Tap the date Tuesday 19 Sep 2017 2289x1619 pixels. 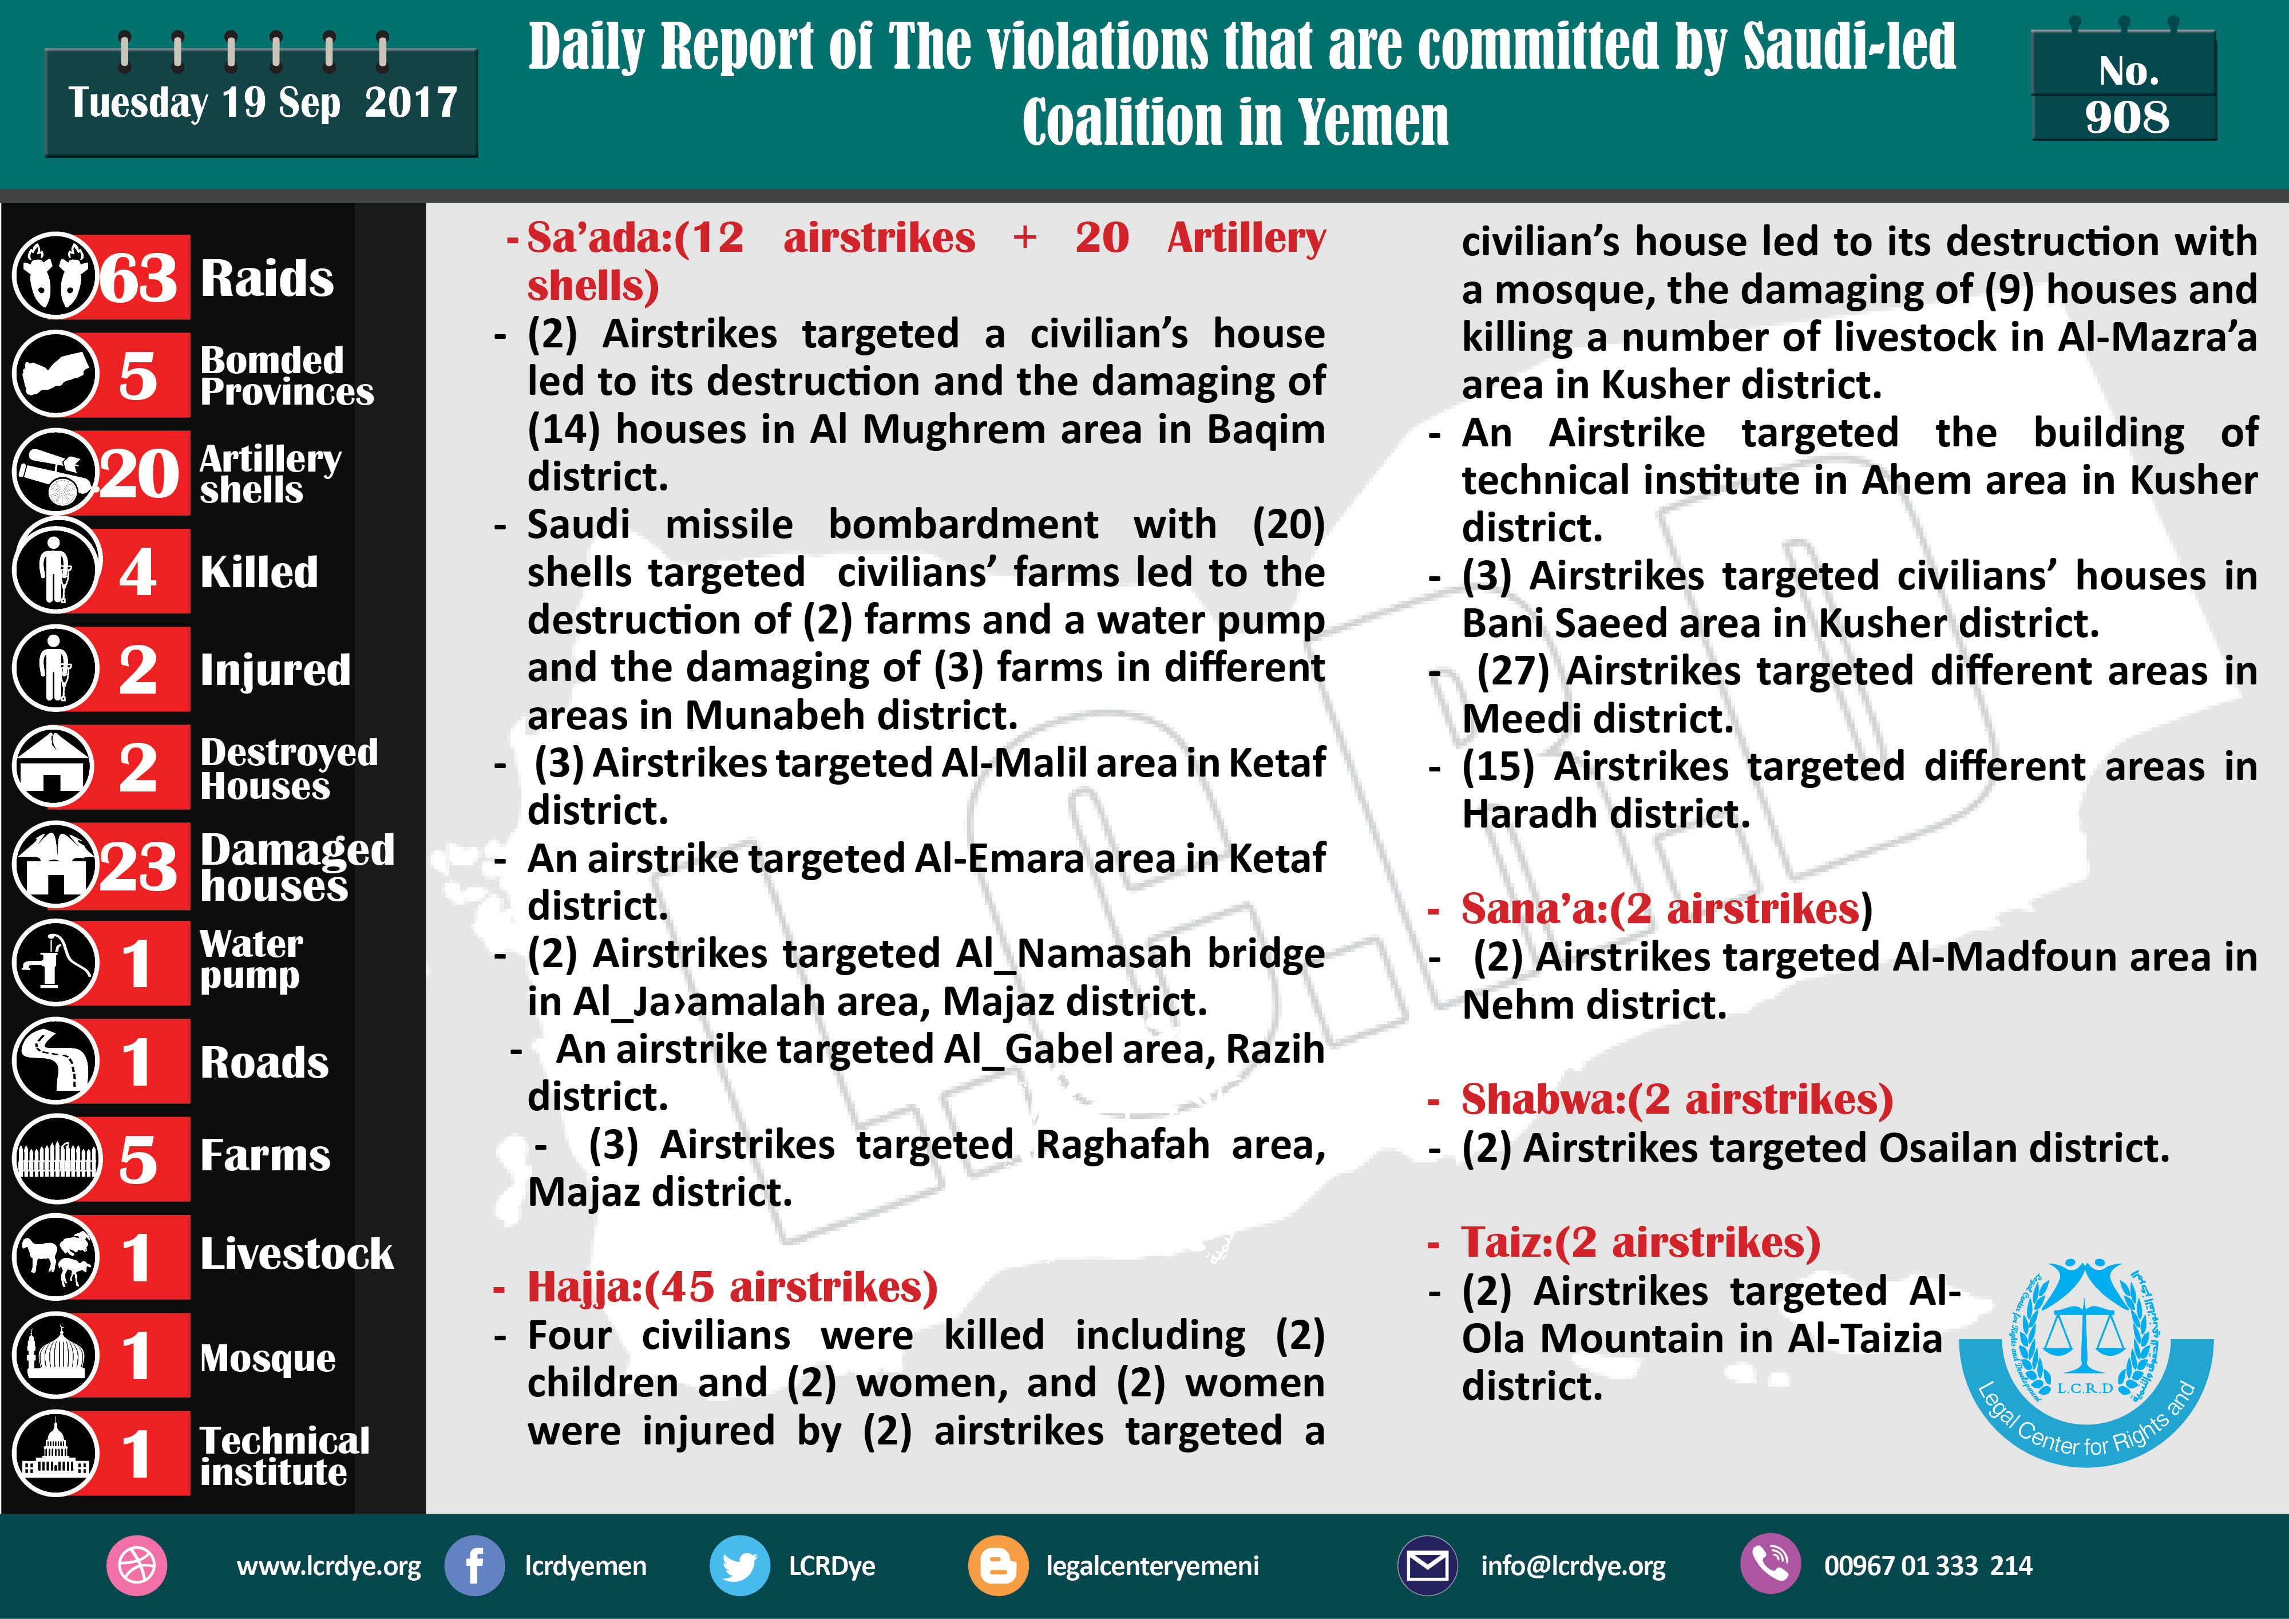[262, 102]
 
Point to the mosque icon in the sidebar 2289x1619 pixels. [55, 1355]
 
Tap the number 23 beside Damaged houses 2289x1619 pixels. [138, 866]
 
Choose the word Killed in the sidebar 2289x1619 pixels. [259, 572]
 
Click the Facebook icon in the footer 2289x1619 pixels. [474, 1565]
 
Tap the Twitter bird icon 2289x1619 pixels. [739, 1565]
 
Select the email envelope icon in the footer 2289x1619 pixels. [1427, 1565]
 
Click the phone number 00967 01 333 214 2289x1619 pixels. [1927, 1565]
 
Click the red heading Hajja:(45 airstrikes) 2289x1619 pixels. [732, 1287]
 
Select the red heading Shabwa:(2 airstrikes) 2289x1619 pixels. [1677, 1099]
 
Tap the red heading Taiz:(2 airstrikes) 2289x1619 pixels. [1640, 1242]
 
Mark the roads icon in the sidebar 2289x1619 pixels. [55, 1060]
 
